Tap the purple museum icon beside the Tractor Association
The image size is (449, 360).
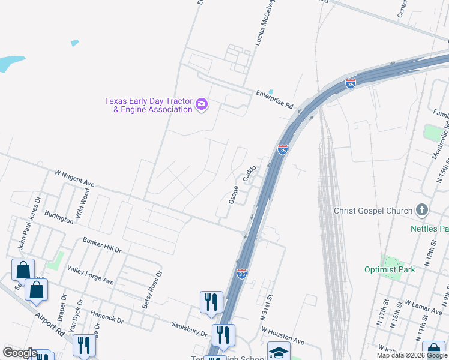pos(202,105)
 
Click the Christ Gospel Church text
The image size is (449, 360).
pos(373,211)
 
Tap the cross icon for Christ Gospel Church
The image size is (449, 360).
pos(423,210)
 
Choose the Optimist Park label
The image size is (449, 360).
pos(390,269)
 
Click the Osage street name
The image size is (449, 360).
pos(234,194)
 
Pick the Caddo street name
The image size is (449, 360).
pos(249,174)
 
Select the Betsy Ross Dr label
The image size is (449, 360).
pos(152,290)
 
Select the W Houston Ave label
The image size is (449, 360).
pos(283,337)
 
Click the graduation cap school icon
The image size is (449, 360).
pos(279,352)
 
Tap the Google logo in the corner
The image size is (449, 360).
pos(20,353)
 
